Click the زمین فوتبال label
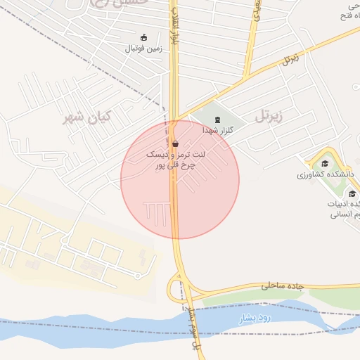coord(143,49)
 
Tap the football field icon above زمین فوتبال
coord(144,37)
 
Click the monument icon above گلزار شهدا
coord(217,120)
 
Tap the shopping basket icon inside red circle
coord(174,142)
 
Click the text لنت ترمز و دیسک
coord(176,153)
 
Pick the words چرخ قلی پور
coord(174,166)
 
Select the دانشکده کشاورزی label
coord(325,174)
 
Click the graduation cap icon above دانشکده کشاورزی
coord(325,163)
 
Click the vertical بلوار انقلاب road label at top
coord(173,28)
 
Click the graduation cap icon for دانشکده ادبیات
coord(352,193)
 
